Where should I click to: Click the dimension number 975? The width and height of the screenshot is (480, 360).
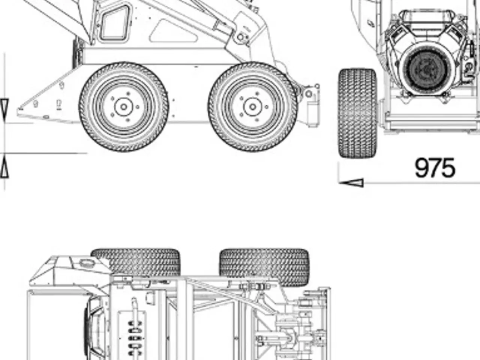coord(435,168)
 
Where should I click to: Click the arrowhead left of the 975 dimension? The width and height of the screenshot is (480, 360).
coord(351,183)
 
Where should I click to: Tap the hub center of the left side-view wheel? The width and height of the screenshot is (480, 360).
coord(124,107)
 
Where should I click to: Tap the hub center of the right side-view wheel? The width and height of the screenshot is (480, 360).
coord(253,107)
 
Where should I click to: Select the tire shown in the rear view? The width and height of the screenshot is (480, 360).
coord(357,113)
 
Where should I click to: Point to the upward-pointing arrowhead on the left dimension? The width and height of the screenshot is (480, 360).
coord(4,166)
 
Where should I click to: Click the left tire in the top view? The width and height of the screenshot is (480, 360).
coord(136,262)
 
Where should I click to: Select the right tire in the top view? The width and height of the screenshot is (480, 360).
coord(264,267)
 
